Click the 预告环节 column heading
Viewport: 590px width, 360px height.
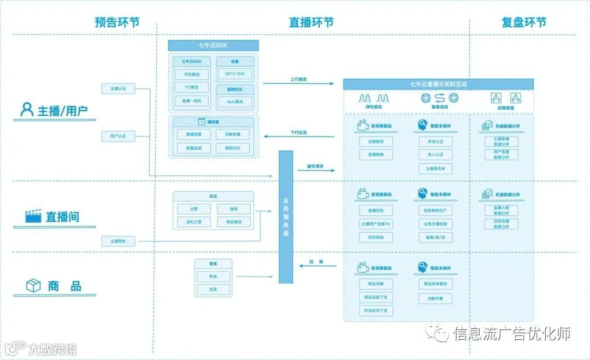(x=117, y=22)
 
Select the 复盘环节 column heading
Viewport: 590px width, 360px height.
(x=524, y=22)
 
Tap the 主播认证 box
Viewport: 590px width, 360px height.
(x=118, y=88)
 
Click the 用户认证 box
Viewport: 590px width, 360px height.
(x=118, y=135)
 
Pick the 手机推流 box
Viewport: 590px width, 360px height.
(x=192, y=74)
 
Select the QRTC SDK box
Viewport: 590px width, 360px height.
(x=235, y=74)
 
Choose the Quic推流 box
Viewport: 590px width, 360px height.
(x=235, y=102)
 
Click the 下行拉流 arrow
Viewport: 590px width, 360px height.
(x=298, y=137)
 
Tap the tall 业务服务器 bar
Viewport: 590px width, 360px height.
(x=286, y=217)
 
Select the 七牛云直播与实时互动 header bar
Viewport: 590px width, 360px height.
(x=438, y=84)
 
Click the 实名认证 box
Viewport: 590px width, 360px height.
(x=435, y=141)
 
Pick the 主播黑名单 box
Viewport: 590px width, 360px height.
(x=435, y=169)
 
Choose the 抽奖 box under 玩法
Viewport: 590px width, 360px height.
(x=234, y=209)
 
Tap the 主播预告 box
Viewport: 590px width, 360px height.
(x=118, y=241)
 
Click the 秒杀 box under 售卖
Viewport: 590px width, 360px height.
(x=213, y=276)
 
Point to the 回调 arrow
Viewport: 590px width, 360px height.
(x=316, y=266)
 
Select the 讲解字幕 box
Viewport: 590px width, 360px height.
(x=435, y=299)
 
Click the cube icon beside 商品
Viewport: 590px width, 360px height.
(x=34, y=285)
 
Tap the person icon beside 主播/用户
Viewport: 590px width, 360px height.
(x=27, y=109)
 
